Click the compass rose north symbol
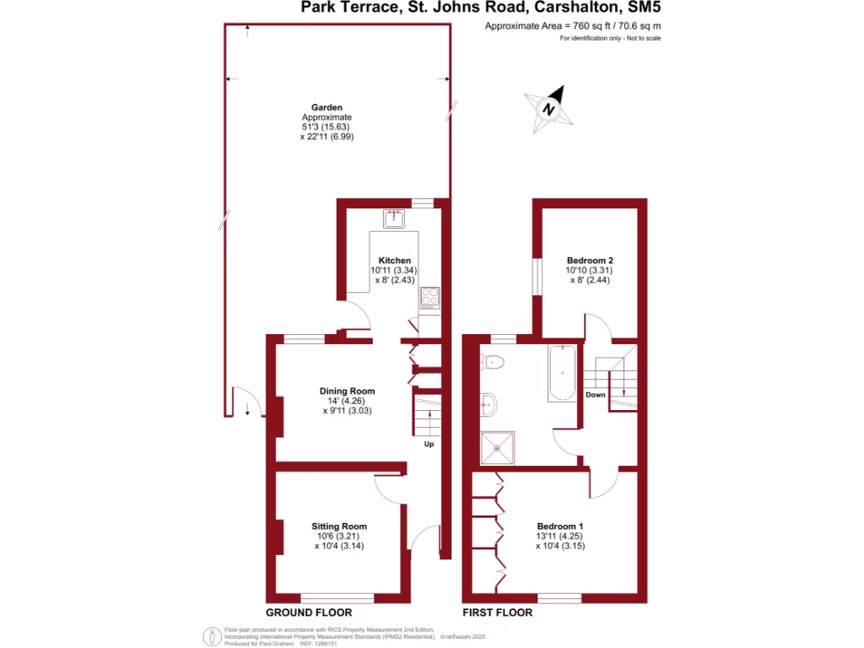coord(549,109)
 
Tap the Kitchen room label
coord(395,260)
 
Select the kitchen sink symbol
coord(394,219)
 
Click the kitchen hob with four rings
coord(429,297)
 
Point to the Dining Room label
coord(347,391)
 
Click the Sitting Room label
coord(339,526)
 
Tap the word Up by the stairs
coord(429,444)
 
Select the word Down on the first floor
coord(596,395)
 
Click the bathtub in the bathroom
coord(562,375)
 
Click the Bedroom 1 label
coord(559,526)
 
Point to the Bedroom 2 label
coord(589,260)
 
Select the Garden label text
coord(327,107)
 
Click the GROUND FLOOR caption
coord(309,613)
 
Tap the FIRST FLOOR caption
coord(498,613)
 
